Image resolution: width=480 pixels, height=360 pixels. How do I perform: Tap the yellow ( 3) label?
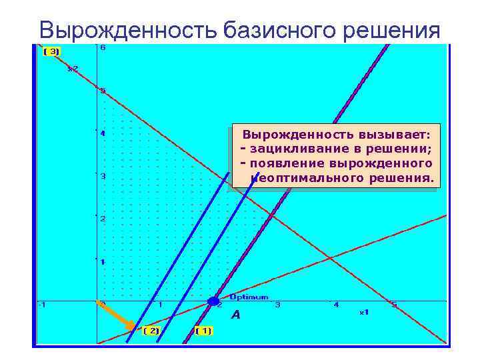point(51,51)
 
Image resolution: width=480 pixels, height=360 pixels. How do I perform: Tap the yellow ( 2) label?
point(151,330)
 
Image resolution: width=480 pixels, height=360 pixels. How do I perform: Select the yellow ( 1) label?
point(203,330)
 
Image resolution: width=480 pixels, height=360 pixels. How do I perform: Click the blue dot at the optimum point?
point(213,301)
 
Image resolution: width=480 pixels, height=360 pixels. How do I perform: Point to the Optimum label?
point(249,297)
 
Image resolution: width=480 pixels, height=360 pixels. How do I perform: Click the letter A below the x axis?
point(235,315)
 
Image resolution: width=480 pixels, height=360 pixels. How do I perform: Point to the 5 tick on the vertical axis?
point(103,91)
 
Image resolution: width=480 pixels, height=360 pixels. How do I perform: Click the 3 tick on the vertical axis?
point(103,176)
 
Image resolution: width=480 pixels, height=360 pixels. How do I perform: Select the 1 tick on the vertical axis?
point(103,261)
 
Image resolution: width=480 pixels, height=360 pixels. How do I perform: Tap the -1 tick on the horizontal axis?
point(41,305)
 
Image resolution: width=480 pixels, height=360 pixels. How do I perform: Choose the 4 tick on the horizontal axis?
point(336,305)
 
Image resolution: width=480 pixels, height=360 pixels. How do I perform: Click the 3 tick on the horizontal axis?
point(277,305)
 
